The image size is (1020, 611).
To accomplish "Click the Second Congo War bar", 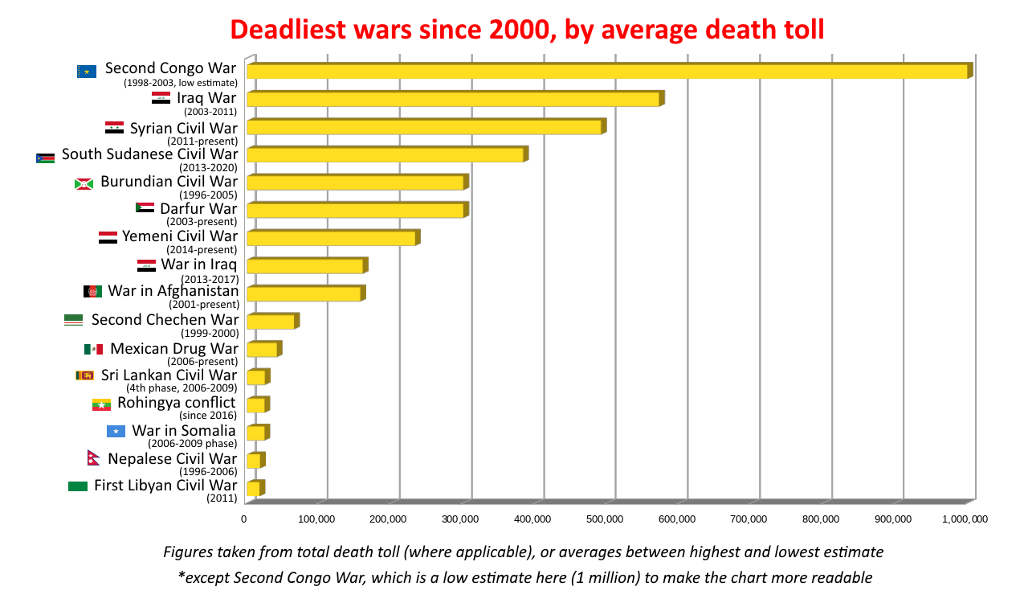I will [606, 71].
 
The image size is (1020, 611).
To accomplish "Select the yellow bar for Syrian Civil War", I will [423, 127].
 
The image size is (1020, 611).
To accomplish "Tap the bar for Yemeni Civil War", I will [330, 238].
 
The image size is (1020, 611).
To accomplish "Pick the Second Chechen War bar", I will [270, 322].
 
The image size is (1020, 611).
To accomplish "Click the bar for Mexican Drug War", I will [261, 349].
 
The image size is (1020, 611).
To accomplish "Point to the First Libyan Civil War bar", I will [252, 488].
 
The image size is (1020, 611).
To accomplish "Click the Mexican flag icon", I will [93, 349].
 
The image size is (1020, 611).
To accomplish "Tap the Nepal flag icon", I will [92, 458].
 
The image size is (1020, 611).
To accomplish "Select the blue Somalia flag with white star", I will [116, 432].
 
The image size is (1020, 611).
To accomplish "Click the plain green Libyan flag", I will [78, 486].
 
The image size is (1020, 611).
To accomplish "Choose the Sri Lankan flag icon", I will [84, 375].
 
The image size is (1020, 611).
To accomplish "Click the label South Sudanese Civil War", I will [149, 154].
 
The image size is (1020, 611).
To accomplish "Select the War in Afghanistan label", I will [173, 291].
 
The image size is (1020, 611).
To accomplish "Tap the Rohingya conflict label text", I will [176, 402].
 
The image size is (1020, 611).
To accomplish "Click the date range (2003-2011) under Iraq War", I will [210, 112].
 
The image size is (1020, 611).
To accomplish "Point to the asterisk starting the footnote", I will [181, 577].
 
